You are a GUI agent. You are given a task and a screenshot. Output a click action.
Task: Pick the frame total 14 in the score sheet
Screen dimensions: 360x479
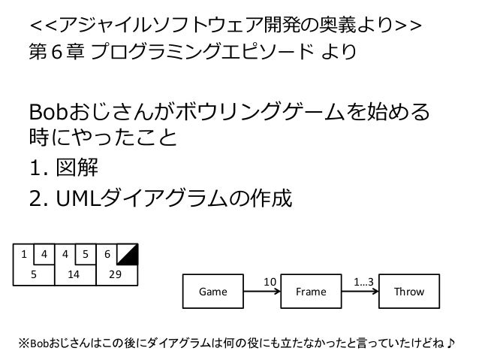[74, 275]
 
